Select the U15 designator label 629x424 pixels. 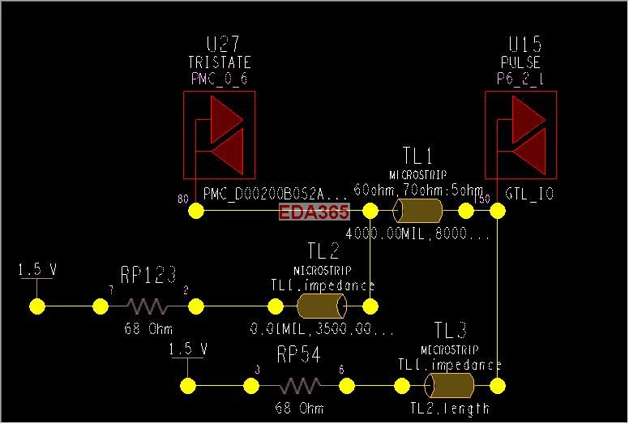(524, 44)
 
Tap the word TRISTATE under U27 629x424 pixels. (219, 62)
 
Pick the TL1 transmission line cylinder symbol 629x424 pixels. (417, 212)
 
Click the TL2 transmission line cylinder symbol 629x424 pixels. (322, 306)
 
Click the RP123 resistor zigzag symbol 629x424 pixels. (148, 307)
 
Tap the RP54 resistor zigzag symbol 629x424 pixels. (299, 386)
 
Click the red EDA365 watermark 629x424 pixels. (314, 212)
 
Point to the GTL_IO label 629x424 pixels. (530, 195)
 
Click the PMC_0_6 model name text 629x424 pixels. (219, 79)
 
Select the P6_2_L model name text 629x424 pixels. (520, 79)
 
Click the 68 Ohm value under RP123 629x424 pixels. (148, 329)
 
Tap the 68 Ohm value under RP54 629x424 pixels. (299, 408)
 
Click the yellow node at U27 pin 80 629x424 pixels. (196, 211)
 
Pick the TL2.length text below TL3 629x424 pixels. (450, 408)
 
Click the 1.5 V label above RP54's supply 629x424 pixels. (188, 349)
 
